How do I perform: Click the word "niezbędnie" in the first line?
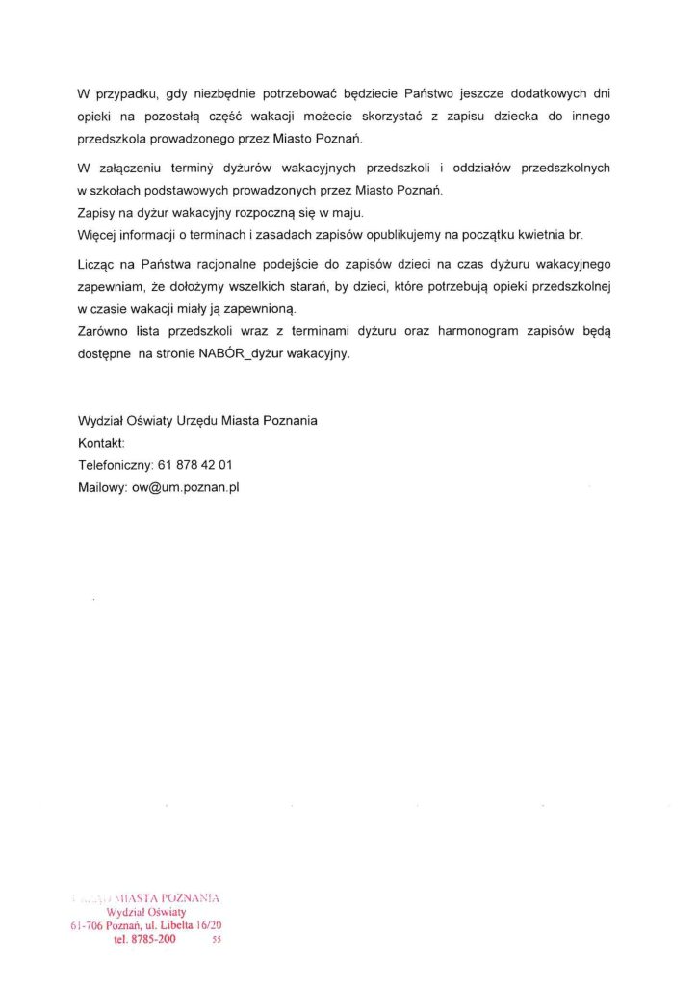[221, 94]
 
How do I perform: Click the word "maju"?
[347, 212]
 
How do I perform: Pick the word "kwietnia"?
[529, 234]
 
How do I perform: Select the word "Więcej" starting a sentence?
[97, 234]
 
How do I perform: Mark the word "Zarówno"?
[103, 331]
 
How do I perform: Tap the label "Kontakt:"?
[101, 443]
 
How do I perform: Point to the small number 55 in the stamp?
[217, 941]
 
